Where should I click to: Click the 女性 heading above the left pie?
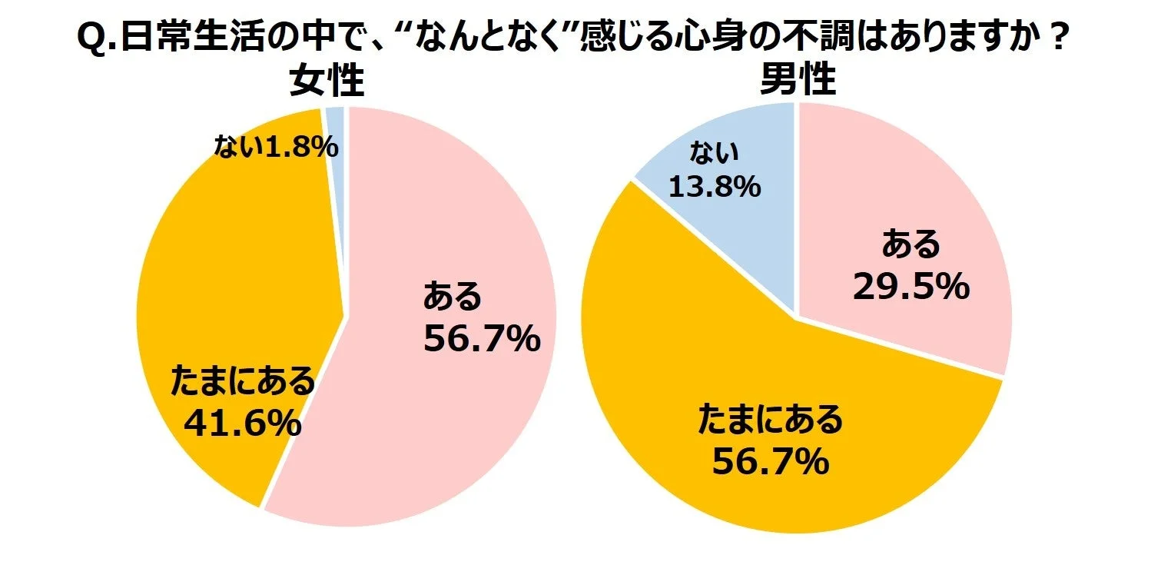click(x=326, y=81)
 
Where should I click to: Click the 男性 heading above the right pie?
click(x=798, y=79)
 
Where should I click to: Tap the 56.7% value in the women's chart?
click(x=482, y=337)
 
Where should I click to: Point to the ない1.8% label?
click(x=276, y=147)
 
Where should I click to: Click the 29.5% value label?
click(x=911, y=287)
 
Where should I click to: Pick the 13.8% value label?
click(x=715, y=185)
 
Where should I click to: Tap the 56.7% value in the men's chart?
click(x=771, y=462)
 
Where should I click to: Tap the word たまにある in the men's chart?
click(x=771, y=420)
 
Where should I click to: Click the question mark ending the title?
click(x=1059, y=38)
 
